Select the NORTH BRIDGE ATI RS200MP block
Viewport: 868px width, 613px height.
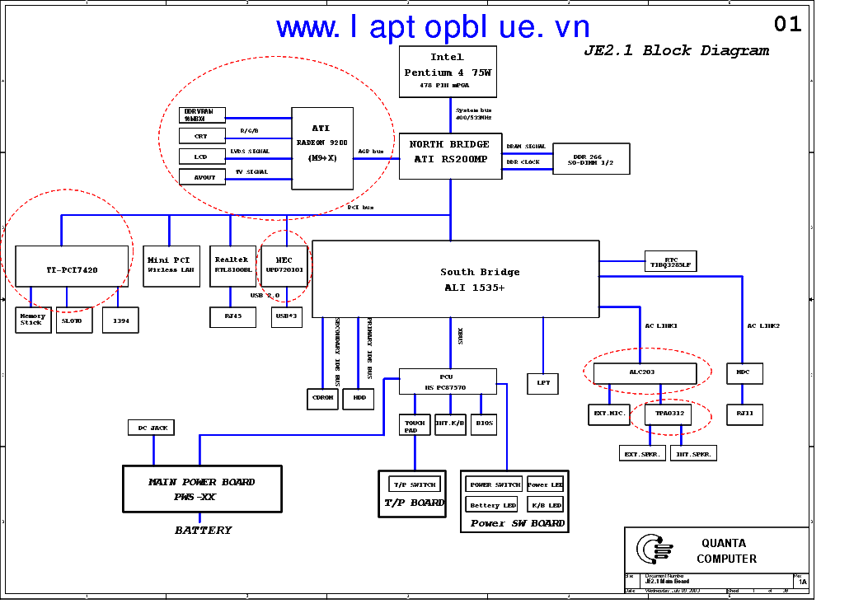click(450, 156)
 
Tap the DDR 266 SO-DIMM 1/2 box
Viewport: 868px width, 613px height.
click(590, 158)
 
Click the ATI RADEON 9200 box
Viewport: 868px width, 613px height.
click(322, 148)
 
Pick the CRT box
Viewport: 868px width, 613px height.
click(202, 136)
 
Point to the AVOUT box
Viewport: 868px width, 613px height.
click(202, 177)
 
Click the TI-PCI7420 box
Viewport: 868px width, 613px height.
click(73, 266)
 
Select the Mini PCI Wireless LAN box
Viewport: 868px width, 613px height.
click(171, 265)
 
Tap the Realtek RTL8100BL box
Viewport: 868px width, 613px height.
click(232, 265)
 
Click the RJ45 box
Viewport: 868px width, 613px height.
click(232, 316)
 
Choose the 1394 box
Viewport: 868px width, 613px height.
click(120, 320)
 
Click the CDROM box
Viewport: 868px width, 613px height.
click(322, 398)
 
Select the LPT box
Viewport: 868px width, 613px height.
click(543, 383)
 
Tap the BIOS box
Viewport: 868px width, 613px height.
click(485, 423)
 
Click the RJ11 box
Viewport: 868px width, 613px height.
click(744, 414)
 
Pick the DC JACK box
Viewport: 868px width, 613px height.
click(151, 428)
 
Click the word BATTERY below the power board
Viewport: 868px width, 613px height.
click(203, 531)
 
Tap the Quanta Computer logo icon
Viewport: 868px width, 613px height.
click(655, 550)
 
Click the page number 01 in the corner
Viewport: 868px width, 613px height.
click(787, 25)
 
